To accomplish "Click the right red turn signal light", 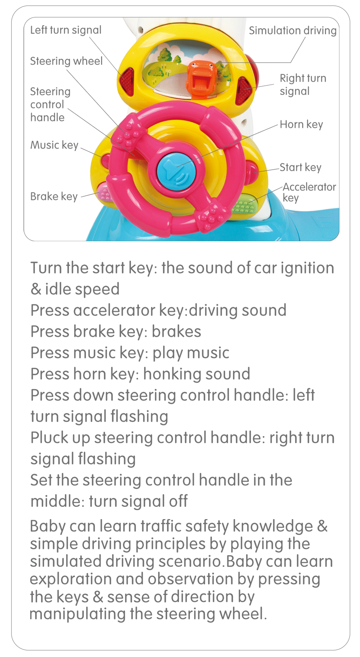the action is click(244, 90).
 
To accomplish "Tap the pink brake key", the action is click(105, 191).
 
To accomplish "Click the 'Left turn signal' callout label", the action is click(66, 30).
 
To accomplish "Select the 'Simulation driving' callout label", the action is click(293, 31).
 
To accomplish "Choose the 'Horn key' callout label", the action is click(301, 125).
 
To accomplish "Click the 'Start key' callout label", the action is click(300, 167).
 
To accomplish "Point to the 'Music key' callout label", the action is click(54, 145).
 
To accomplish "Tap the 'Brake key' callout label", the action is click(54, 197).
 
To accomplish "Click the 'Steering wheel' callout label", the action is click(66, 61).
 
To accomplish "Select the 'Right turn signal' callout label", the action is click(303, 85).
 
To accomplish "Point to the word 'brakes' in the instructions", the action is click(176, 332).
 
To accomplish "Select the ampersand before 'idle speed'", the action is click(36, 289).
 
